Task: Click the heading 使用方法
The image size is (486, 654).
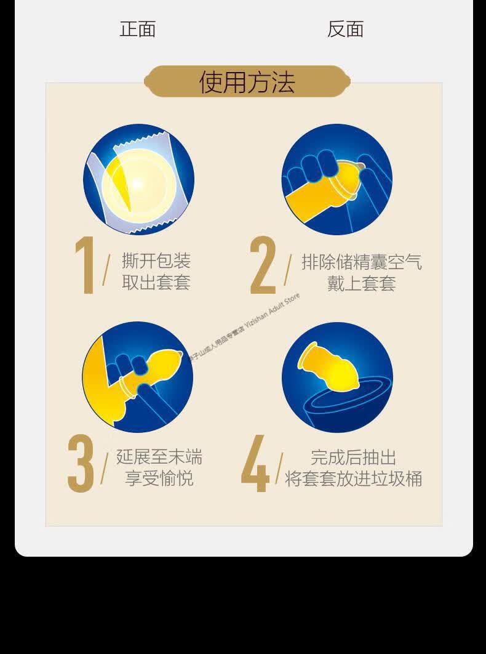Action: tap(247, 82)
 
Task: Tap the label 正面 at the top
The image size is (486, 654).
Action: tap(137, 29)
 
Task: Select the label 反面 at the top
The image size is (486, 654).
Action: tap(345, 29)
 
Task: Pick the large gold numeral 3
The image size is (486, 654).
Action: tap(81, 464)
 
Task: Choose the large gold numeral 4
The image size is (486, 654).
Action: tap(255, 464)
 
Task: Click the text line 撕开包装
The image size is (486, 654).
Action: tap(156, 261)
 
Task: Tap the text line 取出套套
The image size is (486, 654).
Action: tap(156, 283)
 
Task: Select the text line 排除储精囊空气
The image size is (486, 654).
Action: tap(362, 262)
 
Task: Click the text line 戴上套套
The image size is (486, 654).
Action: tap(362, 283)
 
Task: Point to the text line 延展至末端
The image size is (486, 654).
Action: tap(159, 457)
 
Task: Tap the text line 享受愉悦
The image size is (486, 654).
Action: tap(159, 478)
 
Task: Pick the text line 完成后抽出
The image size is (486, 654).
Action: tap(354, 458)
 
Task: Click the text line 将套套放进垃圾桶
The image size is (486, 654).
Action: tap(354, 479)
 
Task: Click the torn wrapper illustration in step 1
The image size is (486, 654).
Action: tap(138, 179)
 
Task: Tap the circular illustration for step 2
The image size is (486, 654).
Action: tap(337, 179)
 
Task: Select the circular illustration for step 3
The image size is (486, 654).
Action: tap(137, 377)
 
